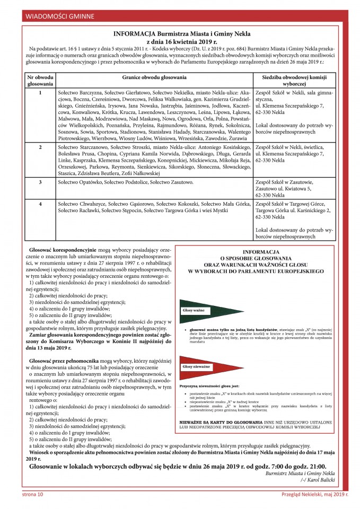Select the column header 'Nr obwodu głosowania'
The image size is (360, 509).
click(40, 80)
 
